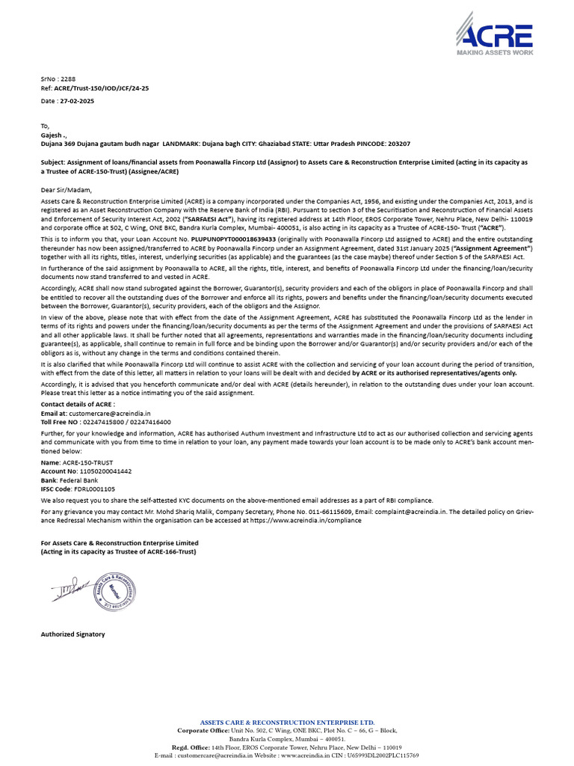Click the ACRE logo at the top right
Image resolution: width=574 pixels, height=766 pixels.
pos(494,37)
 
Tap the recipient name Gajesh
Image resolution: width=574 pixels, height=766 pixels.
pos(55,135)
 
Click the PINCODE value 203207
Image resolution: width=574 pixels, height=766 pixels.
pos(395,143)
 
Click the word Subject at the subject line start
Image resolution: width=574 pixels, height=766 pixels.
pos(54,162)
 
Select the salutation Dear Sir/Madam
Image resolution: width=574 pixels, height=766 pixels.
pos(65,190)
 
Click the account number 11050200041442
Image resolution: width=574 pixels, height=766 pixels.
pos(106,472)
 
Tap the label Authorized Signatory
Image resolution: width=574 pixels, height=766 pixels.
pos(72,634)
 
